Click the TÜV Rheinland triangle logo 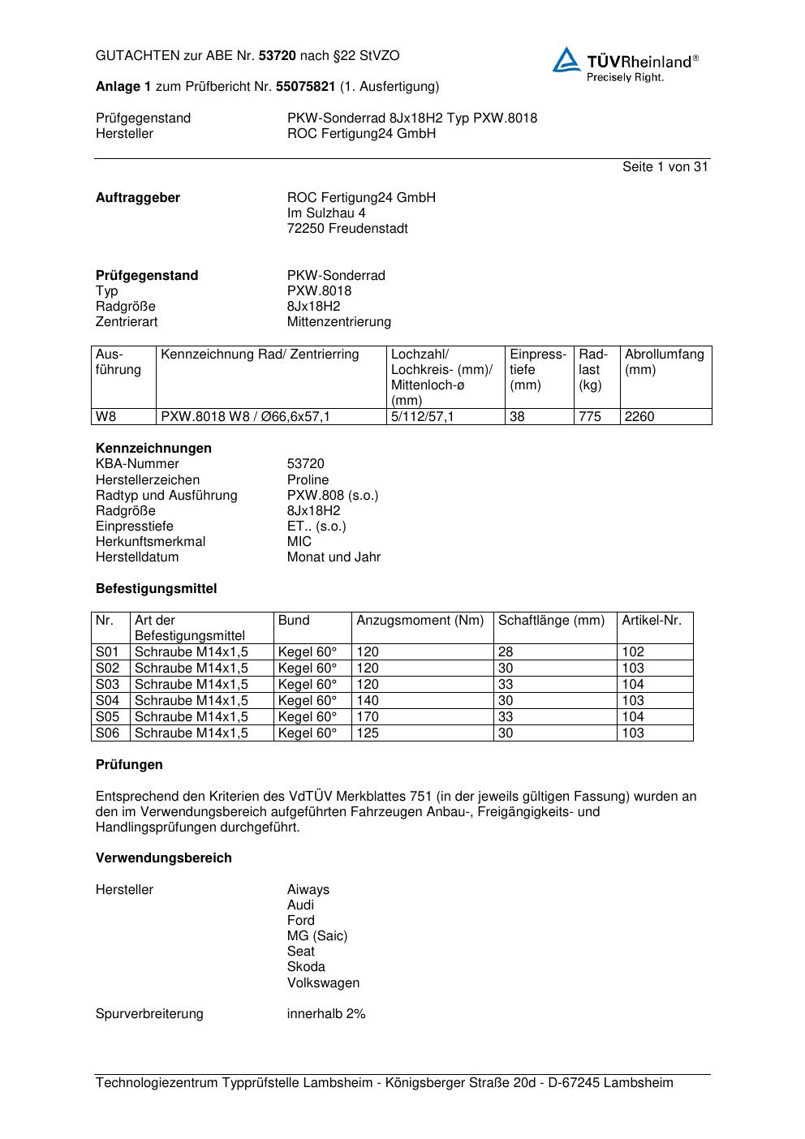pos(566,61)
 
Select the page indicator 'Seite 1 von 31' pos(665,167)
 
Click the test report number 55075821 pos(306,87)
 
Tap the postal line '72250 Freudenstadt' pos(347,229)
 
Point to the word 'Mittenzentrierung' pos(338,322)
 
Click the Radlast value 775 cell pos(590,417)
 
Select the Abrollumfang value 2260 pos(639,417)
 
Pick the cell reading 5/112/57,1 pos(423,417)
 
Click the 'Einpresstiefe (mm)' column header pos(537,369)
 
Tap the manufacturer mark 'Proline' pos(308,480)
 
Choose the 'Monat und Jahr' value pos(334,557)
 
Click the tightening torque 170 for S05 pos(368,717)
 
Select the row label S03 pos(108,685)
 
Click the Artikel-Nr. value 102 pos(633,652)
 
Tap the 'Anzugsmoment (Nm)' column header pos(420,621)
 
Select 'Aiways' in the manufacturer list pos(308,890)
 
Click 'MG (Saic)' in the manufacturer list pos(317,936)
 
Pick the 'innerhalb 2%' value pos(326,1014)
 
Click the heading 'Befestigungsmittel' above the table pos(156,589)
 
